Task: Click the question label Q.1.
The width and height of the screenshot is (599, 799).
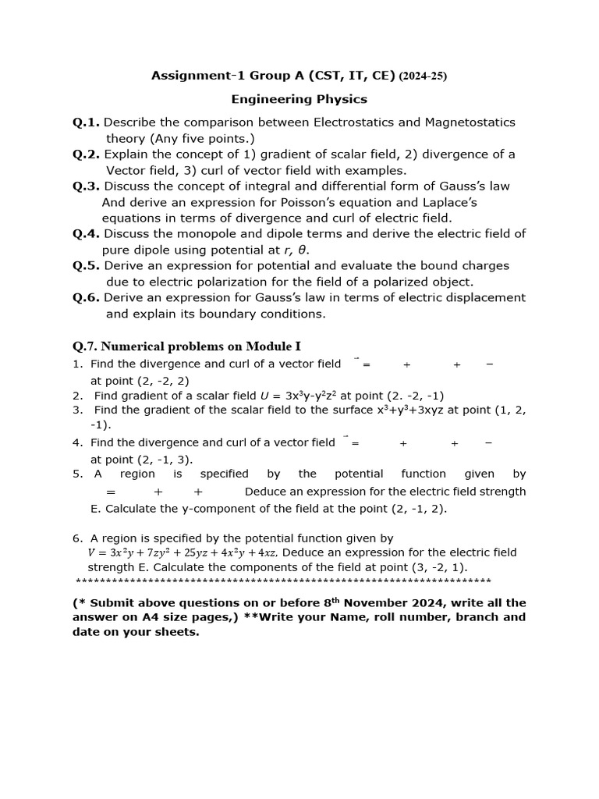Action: (86, 123)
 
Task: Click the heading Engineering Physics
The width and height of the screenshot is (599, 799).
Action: (299, 99)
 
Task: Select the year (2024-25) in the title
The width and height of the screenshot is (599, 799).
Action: (423, 76)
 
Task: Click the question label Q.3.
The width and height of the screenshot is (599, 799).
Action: (86, 186)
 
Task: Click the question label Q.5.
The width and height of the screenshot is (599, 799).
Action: (86, 265)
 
